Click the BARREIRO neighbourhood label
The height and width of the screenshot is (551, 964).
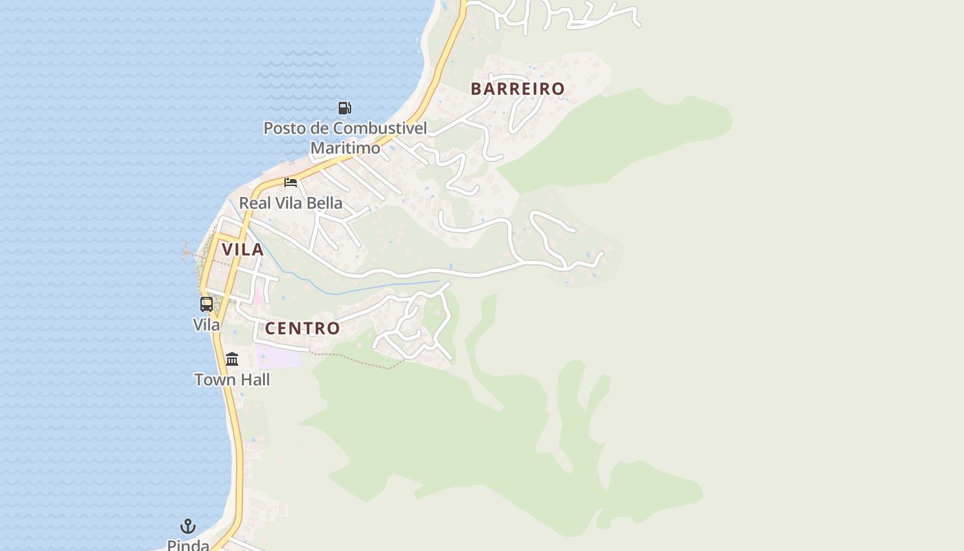pyautogui.click(x=517, y=89)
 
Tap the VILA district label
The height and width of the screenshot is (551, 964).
pyautogui.click(x=242, y=249)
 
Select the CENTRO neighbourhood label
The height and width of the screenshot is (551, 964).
pyautogui.click(x=302, y=329)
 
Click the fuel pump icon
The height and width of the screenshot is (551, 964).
pyautogui.click(x=345, y=107)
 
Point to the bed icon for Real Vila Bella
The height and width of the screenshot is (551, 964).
pyautogui.click(x=291, y=183)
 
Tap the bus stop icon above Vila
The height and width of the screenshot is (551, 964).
pyautogui.click(x=207, y=304)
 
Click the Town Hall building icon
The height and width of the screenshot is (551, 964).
pyautogui.click(x=232, y=359)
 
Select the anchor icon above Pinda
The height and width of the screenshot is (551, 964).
pyautogui.click(x=188, y=527)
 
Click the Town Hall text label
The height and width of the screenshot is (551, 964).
pyautogui.click(x=232, y=380)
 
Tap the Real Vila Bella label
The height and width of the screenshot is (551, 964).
pyautogui.click(x=291, y=203)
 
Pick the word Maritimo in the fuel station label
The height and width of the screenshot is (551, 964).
pyautogui.click(x=345, y=148)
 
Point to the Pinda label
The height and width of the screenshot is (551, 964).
pyautogui.click(x=188, y=545)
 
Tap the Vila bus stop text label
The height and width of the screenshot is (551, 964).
pyautogui.click(x=206, y=324)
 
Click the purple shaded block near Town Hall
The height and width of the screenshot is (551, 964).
pyautogui.click(x=279, y=357)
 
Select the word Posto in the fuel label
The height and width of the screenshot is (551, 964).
pyautogui.click(x=284, y=128)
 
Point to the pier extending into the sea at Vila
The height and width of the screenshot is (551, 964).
pyautogui.click(x=190, y=253)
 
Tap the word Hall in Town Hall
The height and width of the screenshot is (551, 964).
pyautogui.click(x=255, y=380)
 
